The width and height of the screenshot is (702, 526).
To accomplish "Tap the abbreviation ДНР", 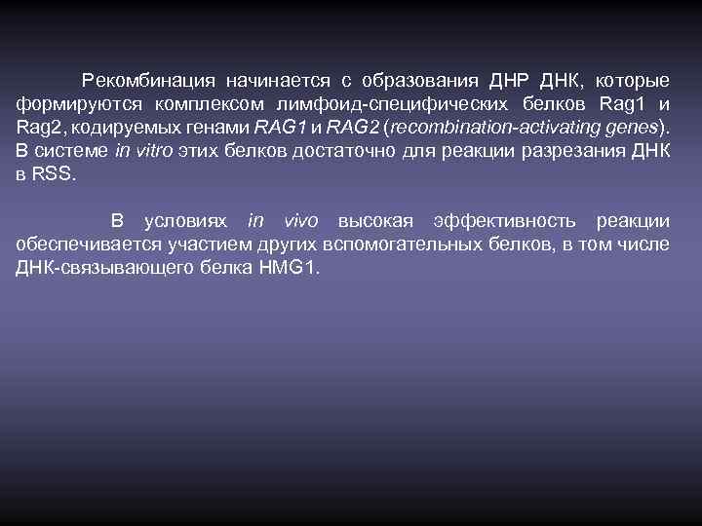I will coord(503,79).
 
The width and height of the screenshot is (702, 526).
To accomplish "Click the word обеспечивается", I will coord(81,245).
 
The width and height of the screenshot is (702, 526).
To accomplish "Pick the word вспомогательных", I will coord(391,245).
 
